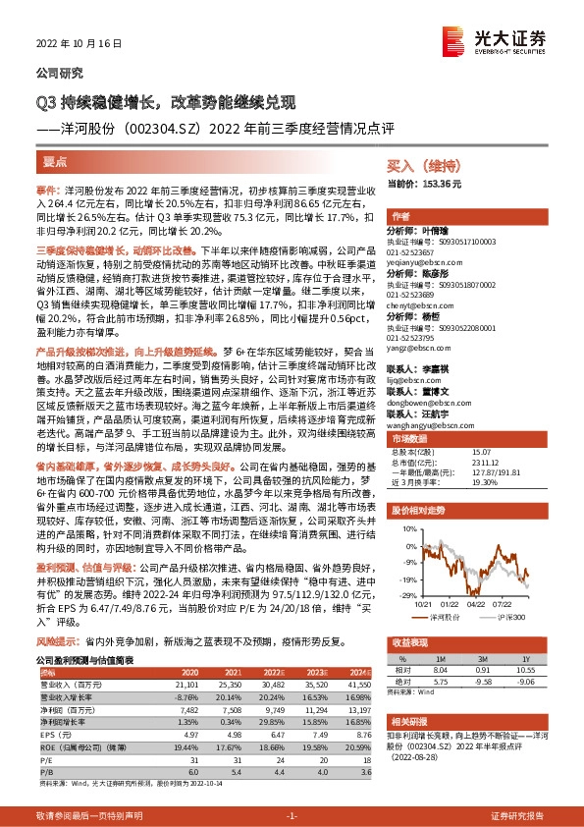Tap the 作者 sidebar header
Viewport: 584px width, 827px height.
[x=400, y=215]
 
